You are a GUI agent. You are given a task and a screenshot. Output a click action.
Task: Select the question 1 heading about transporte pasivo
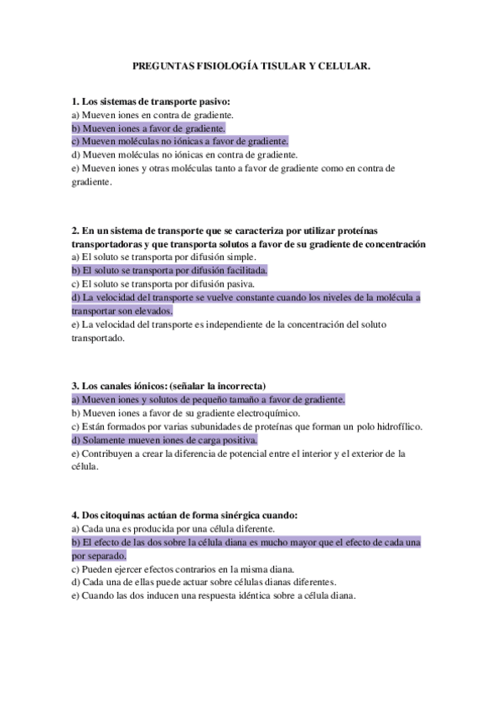click(151, 101)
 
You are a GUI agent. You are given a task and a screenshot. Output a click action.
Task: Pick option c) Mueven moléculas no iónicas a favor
click(180, 142)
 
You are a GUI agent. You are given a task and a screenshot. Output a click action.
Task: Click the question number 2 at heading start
click(75, 231)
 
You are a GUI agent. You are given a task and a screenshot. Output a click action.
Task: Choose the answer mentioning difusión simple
click(164, 257)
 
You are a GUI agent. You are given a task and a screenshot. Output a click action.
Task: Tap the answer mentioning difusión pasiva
click(165, 283)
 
